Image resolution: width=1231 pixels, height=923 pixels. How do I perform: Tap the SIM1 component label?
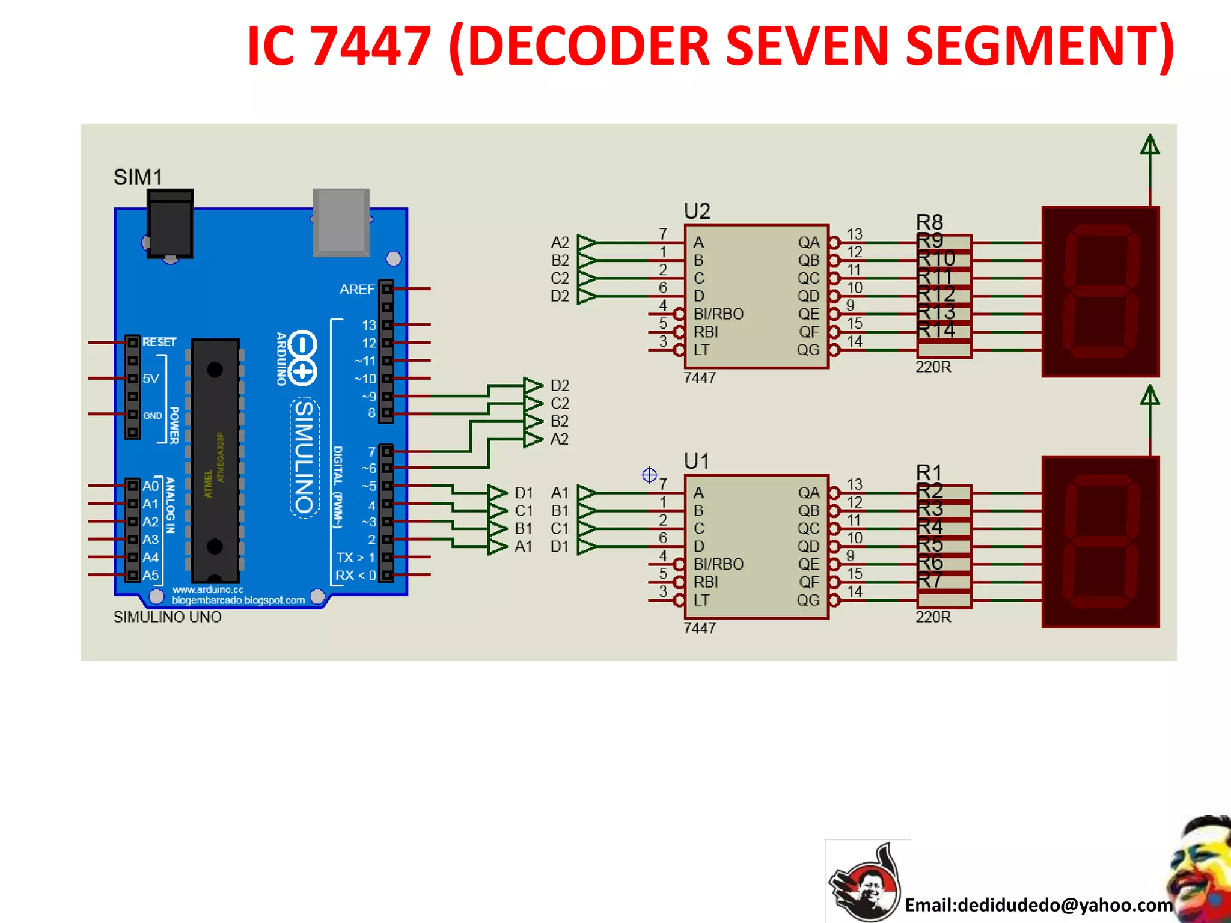point(138,177)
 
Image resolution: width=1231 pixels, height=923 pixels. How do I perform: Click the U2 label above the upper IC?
point(697,211)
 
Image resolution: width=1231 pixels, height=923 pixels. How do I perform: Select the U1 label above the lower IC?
point(696,461)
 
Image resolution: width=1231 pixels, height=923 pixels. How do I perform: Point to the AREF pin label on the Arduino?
point(357,290)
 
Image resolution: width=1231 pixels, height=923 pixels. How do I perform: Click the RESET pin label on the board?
point(159,342)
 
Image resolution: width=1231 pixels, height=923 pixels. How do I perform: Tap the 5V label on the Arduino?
point(151,379)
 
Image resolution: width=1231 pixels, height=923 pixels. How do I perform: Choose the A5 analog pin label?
point(150,575)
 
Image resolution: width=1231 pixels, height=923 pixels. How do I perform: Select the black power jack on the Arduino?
point(171,224)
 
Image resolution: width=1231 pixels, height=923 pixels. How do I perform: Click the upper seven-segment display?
point(1100,291)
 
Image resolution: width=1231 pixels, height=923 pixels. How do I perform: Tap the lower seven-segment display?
point(1100,542)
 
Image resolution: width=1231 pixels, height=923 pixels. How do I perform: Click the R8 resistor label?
point(929,222)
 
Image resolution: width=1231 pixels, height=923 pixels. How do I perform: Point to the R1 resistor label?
point(929,472)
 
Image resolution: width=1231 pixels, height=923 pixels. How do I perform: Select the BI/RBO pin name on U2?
point(718,314)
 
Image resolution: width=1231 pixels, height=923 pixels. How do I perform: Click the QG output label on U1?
point(808,600)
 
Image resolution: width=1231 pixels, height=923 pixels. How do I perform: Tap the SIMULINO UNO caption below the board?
point(167,617)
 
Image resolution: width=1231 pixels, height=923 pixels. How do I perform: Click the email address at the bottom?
point(1039,905)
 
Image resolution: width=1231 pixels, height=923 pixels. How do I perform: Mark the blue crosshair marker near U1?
point(649,475)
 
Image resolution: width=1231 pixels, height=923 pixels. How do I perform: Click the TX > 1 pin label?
point(355,558)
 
